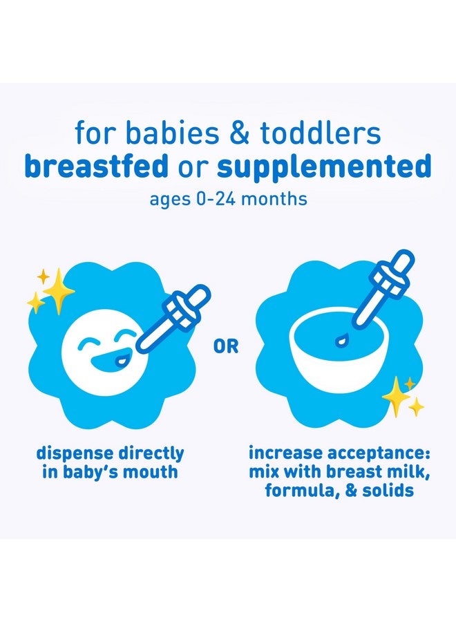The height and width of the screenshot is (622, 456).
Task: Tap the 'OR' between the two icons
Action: [227, 346]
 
